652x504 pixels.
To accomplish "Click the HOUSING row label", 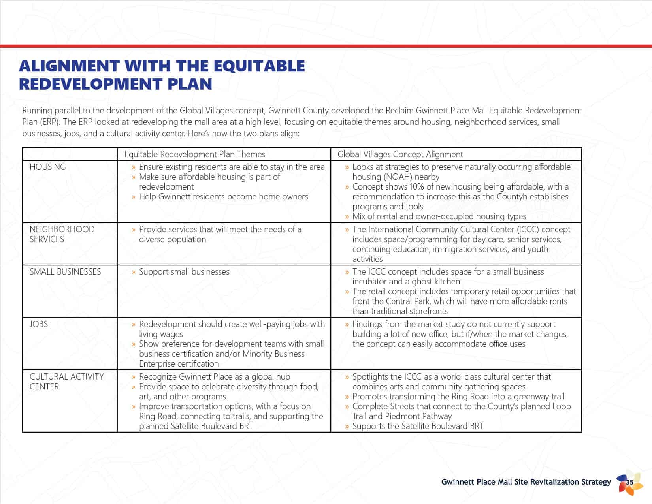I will point(47,167).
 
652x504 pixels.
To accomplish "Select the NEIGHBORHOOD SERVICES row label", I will point(62,234).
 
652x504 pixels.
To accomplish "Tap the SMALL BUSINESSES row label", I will point(65,272).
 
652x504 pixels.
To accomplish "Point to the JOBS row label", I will point(39,324).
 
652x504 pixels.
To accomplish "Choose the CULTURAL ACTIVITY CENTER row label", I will point(66,382).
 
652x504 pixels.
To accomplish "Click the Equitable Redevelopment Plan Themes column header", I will point(194,154).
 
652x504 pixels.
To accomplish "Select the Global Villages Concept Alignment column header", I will point(400,154).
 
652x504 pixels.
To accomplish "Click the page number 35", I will point(630,482).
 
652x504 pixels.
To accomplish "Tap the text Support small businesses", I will point(184,272).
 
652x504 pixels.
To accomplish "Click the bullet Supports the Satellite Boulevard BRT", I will point(418,426).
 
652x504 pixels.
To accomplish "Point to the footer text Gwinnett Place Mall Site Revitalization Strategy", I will point(526,482).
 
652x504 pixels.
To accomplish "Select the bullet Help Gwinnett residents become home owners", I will point(223,197).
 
